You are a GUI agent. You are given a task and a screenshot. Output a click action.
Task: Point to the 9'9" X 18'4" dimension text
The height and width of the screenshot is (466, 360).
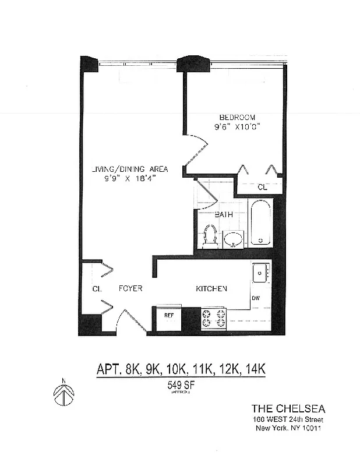(x=129, y=178)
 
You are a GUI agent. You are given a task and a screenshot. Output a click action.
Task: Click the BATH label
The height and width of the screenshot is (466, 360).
(x=223, y=214)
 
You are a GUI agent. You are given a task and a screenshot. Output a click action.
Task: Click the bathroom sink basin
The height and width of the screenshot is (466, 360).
(x=234, y=238)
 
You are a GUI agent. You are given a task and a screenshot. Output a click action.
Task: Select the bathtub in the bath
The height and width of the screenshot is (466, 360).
(x=260, y=224)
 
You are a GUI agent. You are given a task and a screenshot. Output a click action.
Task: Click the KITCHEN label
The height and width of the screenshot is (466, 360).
(x=211, y=289)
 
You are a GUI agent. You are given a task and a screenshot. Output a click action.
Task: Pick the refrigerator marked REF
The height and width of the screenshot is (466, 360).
(x=168, y=316)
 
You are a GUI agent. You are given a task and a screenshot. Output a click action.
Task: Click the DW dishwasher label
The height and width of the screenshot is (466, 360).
(x=255, y=299)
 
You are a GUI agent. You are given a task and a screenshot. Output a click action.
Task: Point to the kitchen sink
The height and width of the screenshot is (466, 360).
(x=260, y=272)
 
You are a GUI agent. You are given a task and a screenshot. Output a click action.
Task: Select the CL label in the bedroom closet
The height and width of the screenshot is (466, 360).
(x=263, y=188)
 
